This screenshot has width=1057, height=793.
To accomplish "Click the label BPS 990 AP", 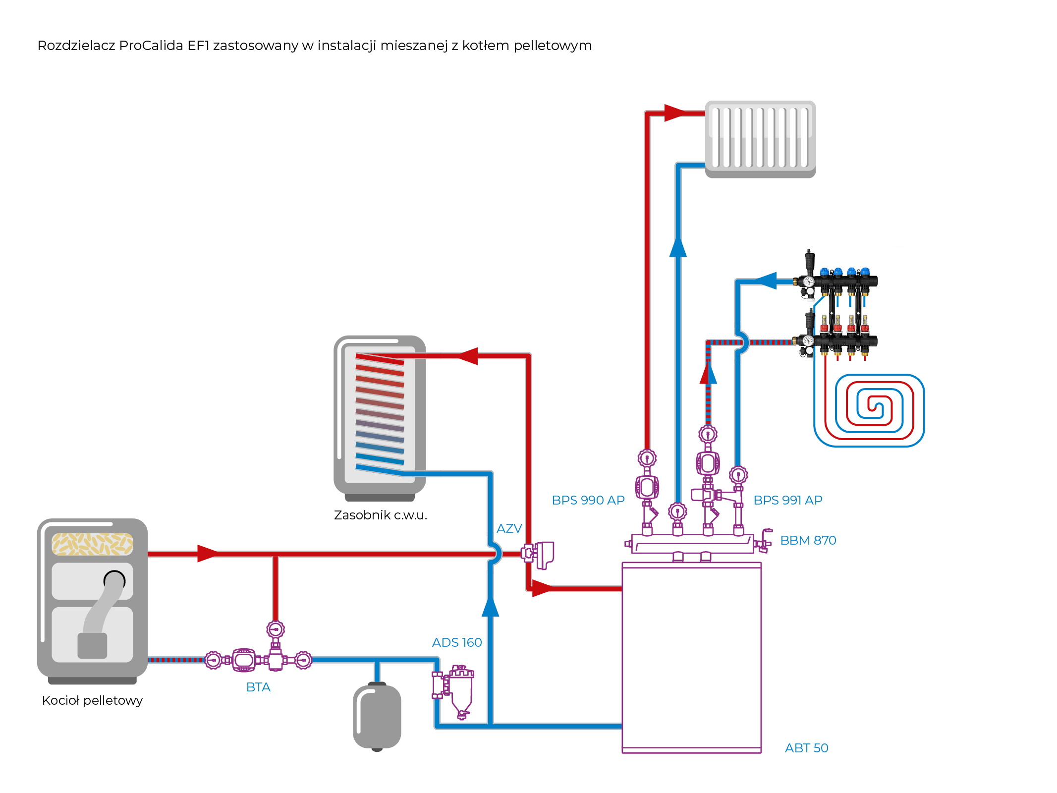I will pos(588,500).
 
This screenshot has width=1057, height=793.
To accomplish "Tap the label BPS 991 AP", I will pos(787,500).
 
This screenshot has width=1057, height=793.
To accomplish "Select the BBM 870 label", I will pos(808,540).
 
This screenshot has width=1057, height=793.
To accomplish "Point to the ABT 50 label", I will pos(806,748).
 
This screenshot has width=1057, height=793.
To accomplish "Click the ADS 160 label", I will pos(456,642).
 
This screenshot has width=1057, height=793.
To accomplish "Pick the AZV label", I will pos(509,528).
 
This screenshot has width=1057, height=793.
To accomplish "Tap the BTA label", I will pos(258,687).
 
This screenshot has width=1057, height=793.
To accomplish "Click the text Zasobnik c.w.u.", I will pos(380,515).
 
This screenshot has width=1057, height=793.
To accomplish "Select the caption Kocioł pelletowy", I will pos(92,700).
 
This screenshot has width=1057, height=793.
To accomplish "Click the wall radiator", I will pos(760,139).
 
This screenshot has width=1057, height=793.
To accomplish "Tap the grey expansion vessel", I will pos(377,716).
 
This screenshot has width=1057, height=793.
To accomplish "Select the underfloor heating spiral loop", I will pos(869,410).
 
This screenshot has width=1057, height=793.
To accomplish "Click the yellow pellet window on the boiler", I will pos(92,544).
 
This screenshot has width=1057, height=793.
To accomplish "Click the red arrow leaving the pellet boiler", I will pos(207,554).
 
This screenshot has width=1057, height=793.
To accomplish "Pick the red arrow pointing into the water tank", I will pos(467,356).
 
